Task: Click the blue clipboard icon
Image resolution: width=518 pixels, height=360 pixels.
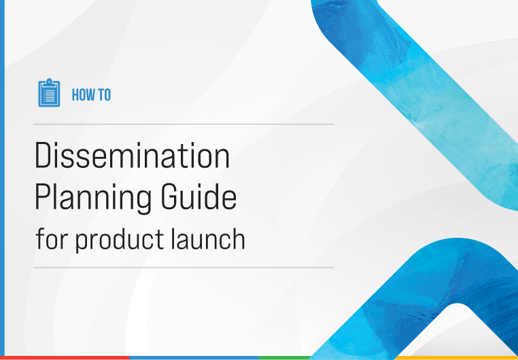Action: [49, 93]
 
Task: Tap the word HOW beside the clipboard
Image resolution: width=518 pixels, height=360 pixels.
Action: [82, 95]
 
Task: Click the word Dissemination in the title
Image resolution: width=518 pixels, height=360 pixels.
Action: [132, 156]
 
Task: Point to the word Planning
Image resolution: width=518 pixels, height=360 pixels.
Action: [93, 198]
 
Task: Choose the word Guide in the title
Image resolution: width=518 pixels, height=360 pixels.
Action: [198, 196]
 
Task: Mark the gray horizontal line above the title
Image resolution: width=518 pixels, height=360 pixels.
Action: [184, 124]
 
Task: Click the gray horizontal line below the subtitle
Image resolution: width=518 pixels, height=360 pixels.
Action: [184, 268]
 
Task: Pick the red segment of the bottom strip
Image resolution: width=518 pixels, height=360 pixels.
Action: [65, 358]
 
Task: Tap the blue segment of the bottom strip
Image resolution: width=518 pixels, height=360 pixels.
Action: [194, 358]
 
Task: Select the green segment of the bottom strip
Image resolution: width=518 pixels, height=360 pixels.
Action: [285, 358]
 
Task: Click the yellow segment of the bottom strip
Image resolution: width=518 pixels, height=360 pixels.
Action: [456, 358]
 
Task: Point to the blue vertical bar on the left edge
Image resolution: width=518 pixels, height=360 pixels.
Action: [2, 178]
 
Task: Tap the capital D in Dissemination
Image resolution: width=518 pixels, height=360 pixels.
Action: [44, 156]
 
